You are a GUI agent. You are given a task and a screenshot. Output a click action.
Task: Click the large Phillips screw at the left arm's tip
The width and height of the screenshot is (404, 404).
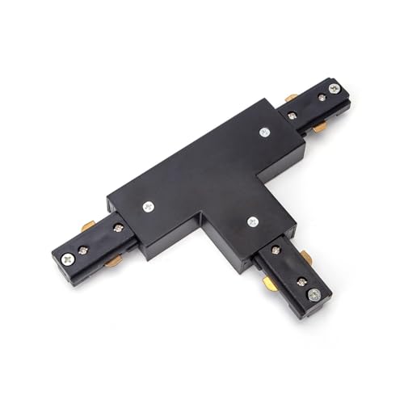67,258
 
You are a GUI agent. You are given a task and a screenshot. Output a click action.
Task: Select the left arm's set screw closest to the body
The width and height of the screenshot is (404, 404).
118,228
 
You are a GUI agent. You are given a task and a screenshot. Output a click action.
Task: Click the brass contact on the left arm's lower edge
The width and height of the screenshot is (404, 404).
113,259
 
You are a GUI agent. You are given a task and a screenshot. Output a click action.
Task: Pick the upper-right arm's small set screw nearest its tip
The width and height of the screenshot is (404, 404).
322,98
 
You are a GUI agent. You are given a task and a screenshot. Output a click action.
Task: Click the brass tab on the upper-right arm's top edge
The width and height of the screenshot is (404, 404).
292,99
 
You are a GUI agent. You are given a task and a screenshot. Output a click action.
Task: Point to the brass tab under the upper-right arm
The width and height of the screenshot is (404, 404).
320,127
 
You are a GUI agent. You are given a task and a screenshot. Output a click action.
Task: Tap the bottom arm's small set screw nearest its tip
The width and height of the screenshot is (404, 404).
301,282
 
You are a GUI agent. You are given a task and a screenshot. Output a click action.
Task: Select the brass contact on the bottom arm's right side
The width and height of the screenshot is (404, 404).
305,257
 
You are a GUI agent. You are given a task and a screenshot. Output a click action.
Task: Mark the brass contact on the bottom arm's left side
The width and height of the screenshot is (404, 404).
270,284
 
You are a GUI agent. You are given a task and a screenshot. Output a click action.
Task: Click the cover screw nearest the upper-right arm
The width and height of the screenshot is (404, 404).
264,132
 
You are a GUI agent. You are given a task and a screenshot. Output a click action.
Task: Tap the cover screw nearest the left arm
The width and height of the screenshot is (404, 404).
148,206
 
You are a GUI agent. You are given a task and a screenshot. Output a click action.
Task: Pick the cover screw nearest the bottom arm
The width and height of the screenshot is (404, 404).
253,221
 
